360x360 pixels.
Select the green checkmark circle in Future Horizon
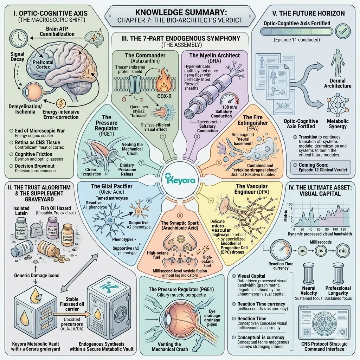341,32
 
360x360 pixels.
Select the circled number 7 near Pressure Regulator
141,162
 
